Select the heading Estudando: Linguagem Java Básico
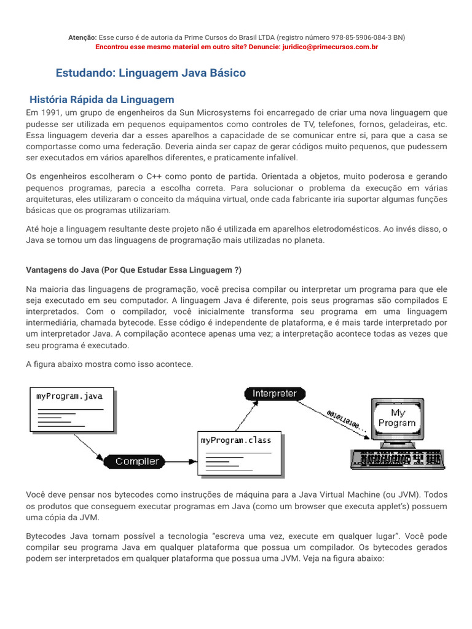pos(151,73)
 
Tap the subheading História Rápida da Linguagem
pos(103,100)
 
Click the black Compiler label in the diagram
pos(136,461)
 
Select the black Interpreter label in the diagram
pos(274,393)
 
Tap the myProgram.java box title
pos(69,396)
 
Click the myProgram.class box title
pos(235,440)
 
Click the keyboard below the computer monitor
pos(396,458)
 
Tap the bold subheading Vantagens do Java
pos(133,270)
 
